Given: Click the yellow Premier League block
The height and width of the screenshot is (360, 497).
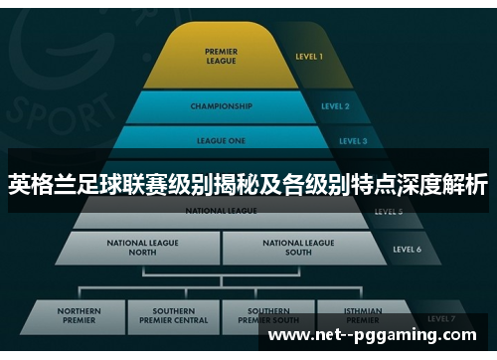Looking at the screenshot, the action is pos(221,58).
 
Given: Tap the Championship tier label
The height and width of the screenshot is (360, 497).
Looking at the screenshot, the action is pos(221,105).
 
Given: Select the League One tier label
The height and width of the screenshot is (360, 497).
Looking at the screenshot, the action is pos(221,141).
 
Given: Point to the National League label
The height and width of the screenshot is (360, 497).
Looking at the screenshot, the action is pos(221,211).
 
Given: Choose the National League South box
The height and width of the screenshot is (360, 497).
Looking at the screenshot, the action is pos(299,247).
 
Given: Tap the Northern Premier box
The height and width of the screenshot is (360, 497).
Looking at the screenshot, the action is pos(80,315).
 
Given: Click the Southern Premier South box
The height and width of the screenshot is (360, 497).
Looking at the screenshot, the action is pos(268,315).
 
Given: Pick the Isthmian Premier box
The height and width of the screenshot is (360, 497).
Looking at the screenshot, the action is pos(362,315).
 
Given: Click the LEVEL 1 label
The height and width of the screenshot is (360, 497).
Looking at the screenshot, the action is pos(309,57).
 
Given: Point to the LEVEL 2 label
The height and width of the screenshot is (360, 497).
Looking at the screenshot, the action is pos(335,105).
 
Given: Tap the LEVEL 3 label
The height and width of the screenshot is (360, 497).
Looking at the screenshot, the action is pos(353,141).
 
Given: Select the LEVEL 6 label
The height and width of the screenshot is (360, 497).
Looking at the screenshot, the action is pos(408,249).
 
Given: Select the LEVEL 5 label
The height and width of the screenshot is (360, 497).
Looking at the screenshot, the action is pos(388,212).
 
